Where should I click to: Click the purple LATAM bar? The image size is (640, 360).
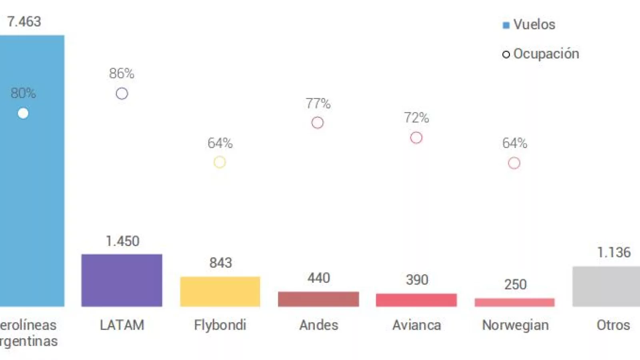click(x=122, y=280)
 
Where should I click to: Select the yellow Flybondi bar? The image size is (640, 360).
click(x=220, y=291)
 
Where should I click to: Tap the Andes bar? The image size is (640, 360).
click(x=318, y=299)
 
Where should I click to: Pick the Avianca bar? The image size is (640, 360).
click(x=416, y=300)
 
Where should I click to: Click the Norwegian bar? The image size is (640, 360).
click(x=514, y=302)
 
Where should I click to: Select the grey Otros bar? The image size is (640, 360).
click(x=606, y=286)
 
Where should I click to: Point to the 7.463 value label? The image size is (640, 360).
click(x=24, y=22)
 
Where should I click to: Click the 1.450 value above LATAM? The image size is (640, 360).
click(x=122, y=241)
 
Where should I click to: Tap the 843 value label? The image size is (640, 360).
click(x=220, y=263)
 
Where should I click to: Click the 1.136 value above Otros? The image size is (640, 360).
click(x=614, y=252)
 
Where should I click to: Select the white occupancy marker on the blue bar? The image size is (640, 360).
click(x=23, y=114)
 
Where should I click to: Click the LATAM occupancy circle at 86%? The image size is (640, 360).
click(x=122, y=94)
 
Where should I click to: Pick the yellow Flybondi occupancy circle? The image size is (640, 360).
click(x=220, y=162)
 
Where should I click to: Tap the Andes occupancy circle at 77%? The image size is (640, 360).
click(x=318, y=123)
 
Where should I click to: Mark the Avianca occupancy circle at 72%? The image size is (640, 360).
click(x=416, y=138)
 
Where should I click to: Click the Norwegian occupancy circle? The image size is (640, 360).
click(x=514, y=163)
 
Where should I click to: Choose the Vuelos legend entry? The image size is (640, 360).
click(x=529, y=25)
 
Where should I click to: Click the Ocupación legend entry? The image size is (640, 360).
click(x=541, y=54)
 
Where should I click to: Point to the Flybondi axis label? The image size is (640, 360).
click(x=220, y=325)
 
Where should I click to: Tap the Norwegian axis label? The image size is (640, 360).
click(x=515, y=325)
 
